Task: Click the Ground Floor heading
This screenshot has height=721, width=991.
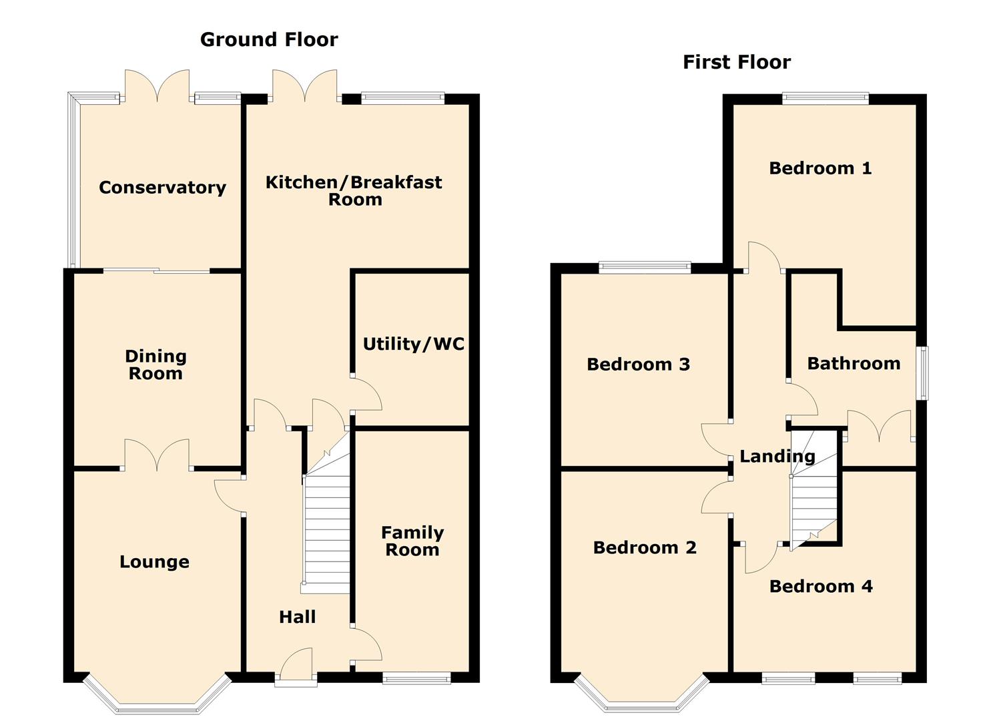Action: (269, 40)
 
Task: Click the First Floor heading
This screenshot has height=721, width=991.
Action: (737, 62)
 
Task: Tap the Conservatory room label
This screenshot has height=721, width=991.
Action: (162, 188)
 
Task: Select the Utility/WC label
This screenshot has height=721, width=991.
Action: (414, 344)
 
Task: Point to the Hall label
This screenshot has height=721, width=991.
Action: (298, 617)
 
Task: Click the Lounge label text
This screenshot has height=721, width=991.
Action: (154, 562)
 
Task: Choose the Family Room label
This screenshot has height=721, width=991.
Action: (412, 541)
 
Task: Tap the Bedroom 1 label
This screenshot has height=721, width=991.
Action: (820, 168)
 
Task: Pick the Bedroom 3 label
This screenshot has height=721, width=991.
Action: (638, 365)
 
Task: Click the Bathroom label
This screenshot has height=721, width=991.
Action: (854, 363)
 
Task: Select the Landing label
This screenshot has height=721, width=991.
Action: (777, 457)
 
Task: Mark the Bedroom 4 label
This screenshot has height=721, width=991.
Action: (821, 586)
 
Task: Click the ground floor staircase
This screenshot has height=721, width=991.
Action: (326, 513)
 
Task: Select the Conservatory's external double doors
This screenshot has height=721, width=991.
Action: (157, 86)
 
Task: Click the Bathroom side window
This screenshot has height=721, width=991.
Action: (922, 373)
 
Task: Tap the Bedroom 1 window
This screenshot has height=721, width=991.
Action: (825, 98)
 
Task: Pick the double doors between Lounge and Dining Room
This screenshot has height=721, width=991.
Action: (157, 455)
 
